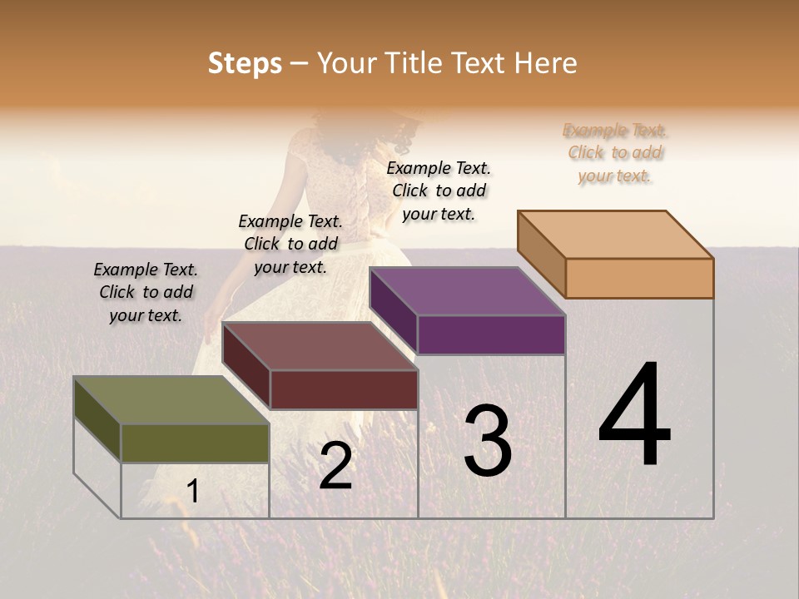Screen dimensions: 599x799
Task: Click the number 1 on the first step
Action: pos(193,492)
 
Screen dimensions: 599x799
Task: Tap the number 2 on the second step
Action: pos(335,465)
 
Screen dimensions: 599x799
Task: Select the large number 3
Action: pos(488,441)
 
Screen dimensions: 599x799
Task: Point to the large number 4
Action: pos(634,415)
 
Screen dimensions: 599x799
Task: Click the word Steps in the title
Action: pos(245,63)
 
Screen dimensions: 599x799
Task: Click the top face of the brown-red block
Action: pos(320,346)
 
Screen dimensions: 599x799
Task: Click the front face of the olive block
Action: pos(195,443)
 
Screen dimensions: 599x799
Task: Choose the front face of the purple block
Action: pos(491,335)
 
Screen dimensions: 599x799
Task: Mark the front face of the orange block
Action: pos(639,278)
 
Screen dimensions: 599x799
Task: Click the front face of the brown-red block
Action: pos(344,389)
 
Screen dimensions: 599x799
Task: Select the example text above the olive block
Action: pos(146,292)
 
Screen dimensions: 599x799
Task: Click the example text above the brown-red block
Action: pos(290,244)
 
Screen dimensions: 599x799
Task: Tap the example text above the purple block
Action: pos(439,191)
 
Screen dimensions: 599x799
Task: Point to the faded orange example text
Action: pos(615,152)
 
